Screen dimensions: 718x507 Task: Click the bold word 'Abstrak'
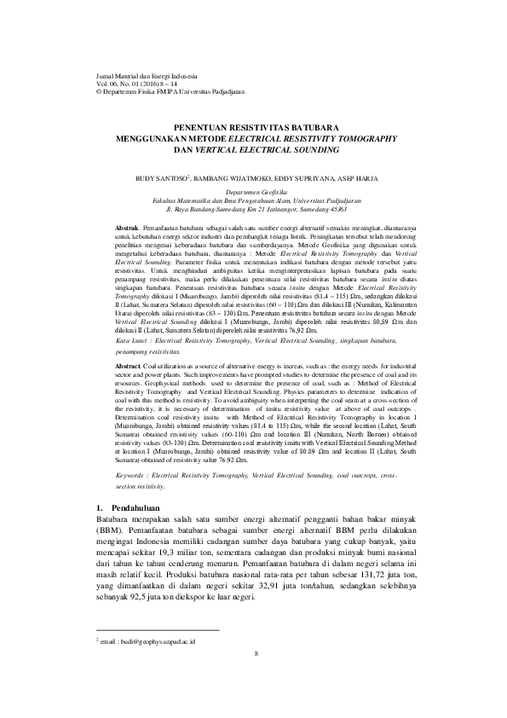point(126,229)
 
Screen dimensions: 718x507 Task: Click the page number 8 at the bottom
point(255,678)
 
